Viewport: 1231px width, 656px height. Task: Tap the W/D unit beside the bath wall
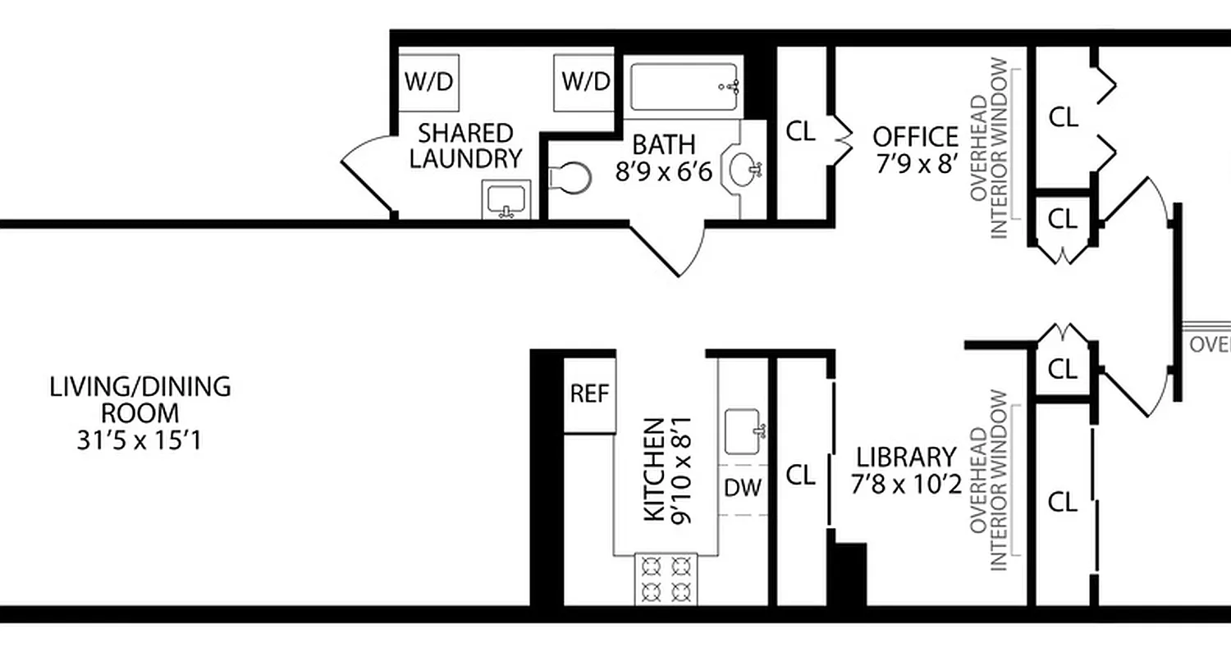click(x=585, y=82)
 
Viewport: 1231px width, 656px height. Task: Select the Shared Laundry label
click(x=465, y=145)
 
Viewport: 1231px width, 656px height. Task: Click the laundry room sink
click(x=506, y=200)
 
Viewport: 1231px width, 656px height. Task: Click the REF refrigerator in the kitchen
click(x=590, y=394)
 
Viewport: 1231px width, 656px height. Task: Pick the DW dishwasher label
click(x=743, y=488)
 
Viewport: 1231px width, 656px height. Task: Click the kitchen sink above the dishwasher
click(x=744, y=430)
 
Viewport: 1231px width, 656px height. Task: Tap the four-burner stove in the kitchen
click(x=666, y=579)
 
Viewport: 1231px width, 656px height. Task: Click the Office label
click(x=914, y=136)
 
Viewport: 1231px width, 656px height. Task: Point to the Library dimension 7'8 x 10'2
click(x=906, y=485)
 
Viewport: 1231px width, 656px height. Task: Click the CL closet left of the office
click(x=801, y=131)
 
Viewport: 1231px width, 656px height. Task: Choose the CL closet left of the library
click(x=801, y=475)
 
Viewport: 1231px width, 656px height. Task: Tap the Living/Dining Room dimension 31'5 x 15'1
click(x=140, y=441)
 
